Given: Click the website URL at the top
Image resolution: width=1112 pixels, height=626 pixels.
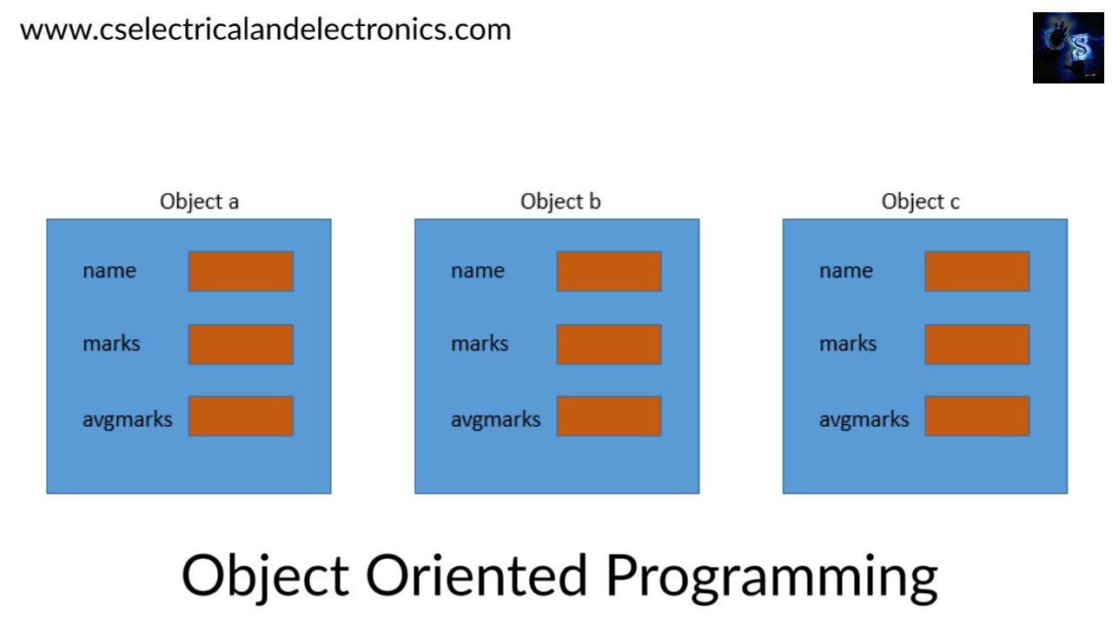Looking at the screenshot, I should [265, 30].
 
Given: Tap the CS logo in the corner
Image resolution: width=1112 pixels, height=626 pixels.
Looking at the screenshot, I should [1068, 48].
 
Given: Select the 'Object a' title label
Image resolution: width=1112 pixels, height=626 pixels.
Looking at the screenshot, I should [199, 202].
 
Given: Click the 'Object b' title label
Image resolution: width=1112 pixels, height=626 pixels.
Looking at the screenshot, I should [560, 202].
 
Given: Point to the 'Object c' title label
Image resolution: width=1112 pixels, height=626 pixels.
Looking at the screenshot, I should [920, 202].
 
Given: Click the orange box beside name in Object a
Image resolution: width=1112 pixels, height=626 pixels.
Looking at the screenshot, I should [241, 271].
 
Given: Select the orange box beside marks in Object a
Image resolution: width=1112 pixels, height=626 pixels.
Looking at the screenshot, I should [241, 344].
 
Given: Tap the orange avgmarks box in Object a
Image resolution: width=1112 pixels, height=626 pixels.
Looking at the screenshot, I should [241, 416].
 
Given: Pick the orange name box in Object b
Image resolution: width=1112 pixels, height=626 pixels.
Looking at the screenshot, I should [609, 271].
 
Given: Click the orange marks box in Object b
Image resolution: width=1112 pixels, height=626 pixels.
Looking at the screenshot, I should [609, 344].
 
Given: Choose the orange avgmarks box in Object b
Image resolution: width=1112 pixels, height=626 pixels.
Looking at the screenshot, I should [609, 416].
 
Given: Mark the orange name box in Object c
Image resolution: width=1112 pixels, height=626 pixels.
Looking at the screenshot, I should [976, 271].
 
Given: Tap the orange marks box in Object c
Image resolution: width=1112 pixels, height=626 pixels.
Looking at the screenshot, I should [976, 344].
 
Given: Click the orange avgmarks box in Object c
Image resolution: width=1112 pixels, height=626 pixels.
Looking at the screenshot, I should [976, 416].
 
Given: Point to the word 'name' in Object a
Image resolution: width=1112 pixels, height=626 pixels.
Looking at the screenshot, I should [109, 271].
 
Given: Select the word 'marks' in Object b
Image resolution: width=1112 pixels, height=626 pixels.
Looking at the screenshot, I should [480, 344].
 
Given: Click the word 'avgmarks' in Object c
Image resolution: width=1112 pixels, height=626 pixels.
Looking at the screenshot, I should [864, 420].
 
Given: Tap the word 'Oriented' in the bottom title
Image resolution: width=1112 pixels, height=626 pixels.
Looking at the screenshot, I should [477, 575].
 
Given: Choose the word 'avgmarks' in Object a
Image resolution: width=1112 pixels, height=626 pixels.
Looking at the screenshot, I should [128, 420].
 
